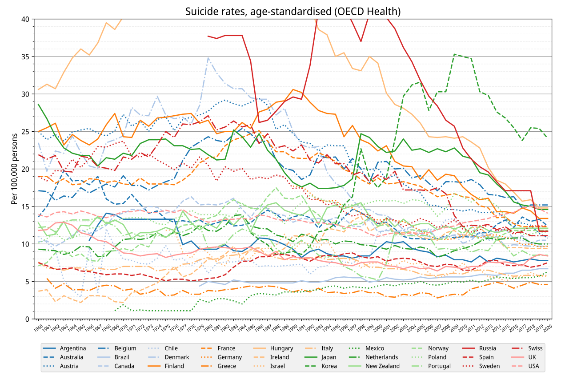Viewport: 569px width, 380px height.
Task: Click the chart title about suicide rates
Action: coord(293,12)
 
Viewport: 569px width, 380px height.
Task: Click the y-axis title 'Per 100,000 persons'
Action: coord(15,169)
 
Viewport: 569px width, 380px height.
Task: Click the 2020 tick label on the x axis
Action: coord(548,327)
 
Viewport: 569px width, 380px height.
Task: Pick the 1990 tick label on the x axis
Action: coord(293,327)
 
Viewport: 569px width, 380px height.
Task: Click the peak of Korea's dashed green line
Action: coord(454,54)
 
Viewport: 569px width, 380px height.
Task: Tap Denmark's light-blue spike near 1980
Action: coord(208,58)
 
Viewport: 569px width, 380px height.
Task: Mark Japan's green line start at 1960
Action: coord(38,104)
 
